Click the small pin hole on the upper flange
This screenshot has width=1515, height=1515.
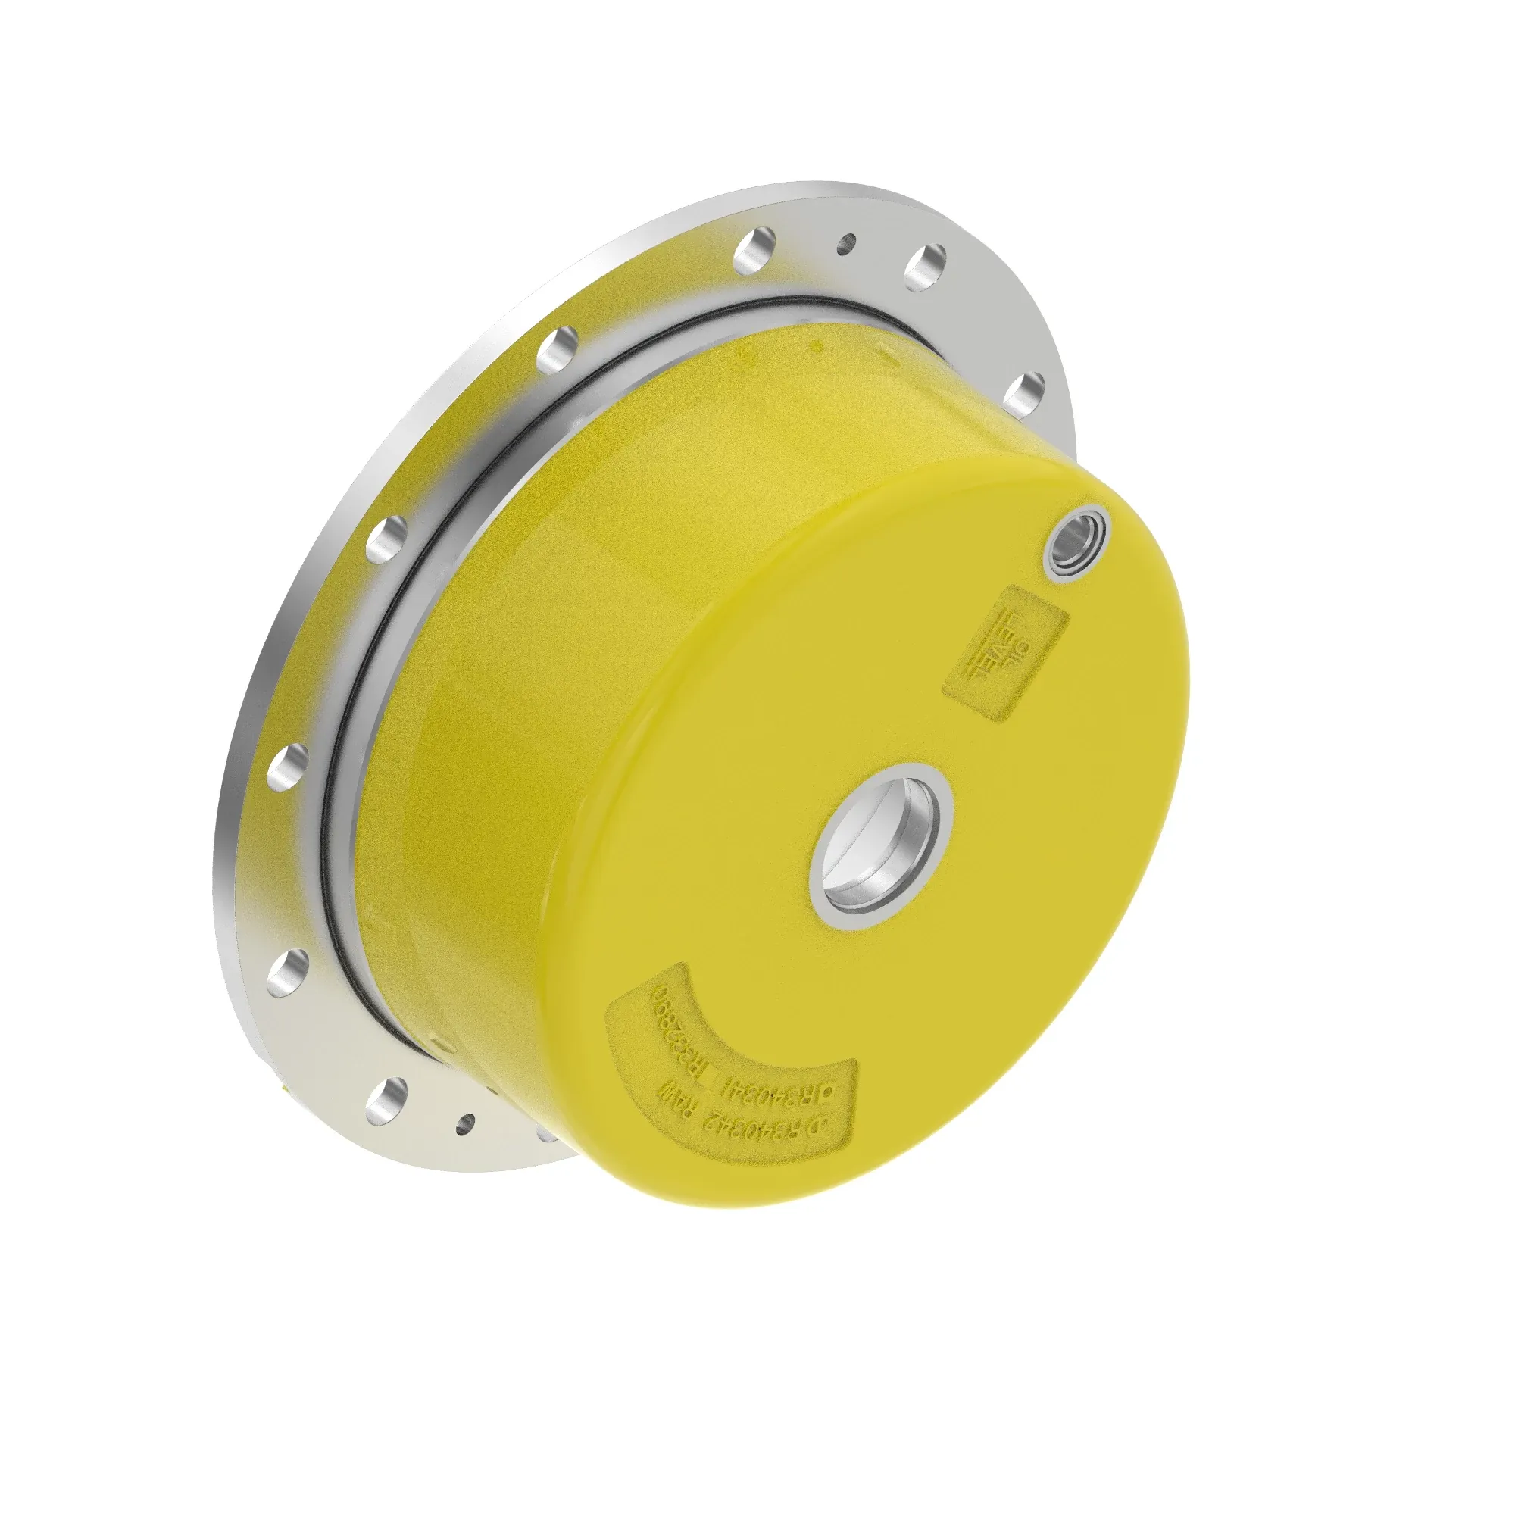point(845,243)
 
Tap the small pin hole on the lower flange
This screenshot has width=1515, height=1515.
point(466,1123)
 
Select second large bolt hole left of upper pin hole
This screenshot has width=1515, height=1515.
point(558,348)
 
